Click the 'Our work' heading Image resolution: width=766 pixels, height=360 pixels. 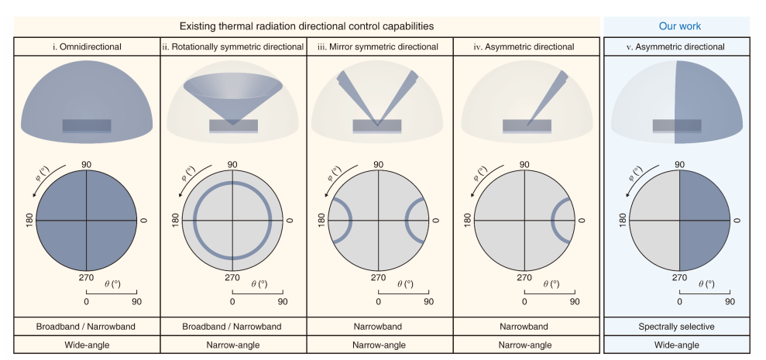(x=679, y=26)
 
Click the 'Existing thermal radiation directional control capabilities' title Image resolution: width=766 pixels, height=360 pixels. (x=306, y=26)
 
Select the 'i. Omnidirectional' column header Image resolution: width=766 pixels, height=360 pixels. (x=86, y=46)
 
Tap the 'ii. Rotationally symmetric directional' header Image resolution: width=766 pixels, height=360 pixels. (x=232, y=46)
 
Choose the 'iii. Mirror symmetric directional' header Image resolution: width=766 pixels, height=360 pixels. (x=378, y=46)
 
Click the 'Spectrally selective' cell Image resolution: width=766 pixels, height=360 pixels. (x=680, y=326)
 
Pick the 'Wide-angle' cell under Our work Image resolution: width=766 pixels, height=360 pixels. (x=680, y=345)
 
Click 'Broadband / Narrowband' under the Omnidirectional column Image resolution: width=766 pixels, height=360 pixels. (x=86, y=326)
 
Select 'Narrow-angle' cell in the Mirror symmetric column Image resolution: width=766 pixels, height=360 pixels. (x=378, y=345)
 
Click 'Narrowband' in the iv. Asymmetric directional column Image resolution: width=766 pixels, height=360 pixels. (x=524, y=326)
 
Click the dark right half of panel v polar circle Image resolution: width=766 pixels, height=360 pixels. (x=704, y=220)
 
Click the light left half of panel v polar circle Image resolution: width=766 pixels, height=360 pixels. (x=655, y=220)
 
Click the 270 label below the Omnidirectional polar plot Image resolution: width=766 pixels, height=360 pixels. (x=86, y=277)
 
